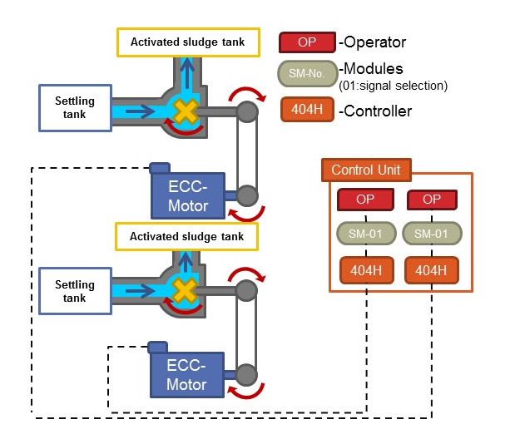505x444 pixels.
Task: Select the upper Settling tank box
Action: (76, 108)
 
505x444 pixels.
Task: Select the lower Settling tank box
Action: (76, 292)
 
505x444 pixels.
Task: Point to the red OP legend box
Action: (307, 41)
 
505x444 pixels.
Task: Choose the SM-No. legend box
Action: (307, 74)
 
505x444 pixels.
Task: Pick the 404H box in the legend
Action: (307, 110)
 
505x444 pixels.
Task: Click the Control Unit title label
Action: (366, 170)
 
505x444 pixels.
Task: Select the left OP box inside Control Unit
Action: (365, 200)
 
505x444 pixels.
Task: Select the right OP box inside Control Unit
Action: (432, 200)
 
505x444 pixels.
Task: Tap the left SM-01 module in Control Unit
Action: (365, 234)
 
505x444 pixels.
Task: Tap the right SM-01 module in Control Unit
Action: (432, 234)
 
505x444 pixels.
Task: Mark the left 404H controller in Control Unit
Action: (365, 270)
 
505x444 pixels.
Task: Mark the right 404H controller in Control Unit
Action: (432, 270)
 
